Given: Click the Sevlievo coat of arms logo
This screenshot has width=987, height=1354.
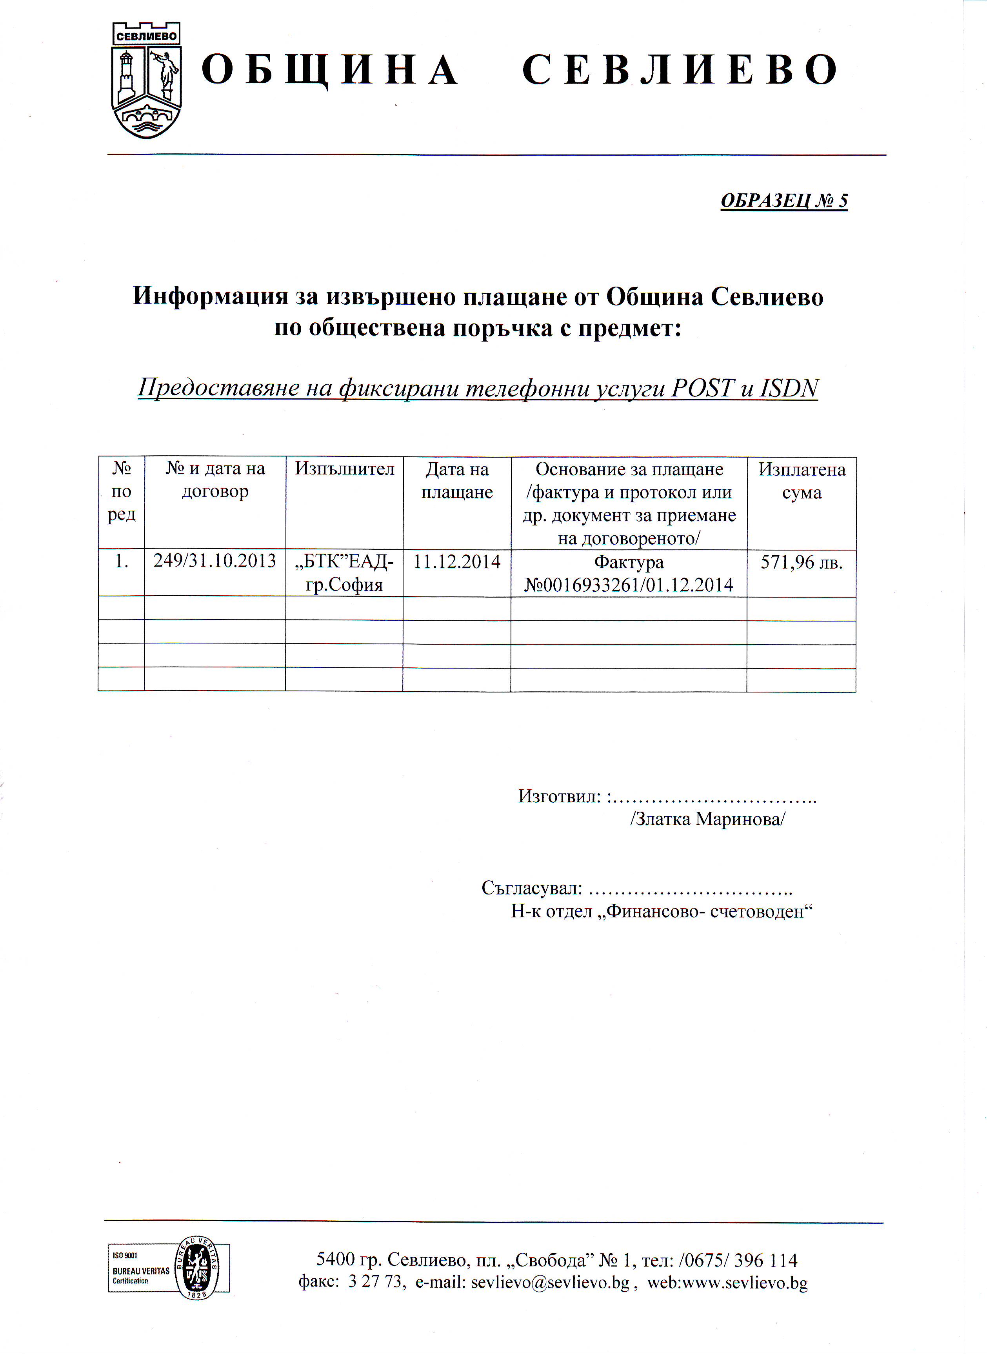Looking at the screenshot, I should click(146, 81).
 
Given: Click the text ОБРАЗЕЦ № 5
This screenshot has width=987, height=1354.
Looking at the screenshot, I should click(784, 201).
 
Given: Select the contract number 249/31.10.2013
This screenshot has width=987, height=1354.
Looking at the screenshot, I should click(214, 561).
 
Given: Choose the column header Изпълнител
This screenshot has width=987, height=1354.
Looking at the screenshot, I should click(344, 469).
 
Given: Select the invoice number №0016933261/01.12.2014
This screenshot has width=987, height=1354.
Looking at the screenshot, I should click(629, 585).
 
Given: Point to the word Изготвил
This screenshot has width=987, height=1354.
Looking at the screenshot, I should click(559, 796).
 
